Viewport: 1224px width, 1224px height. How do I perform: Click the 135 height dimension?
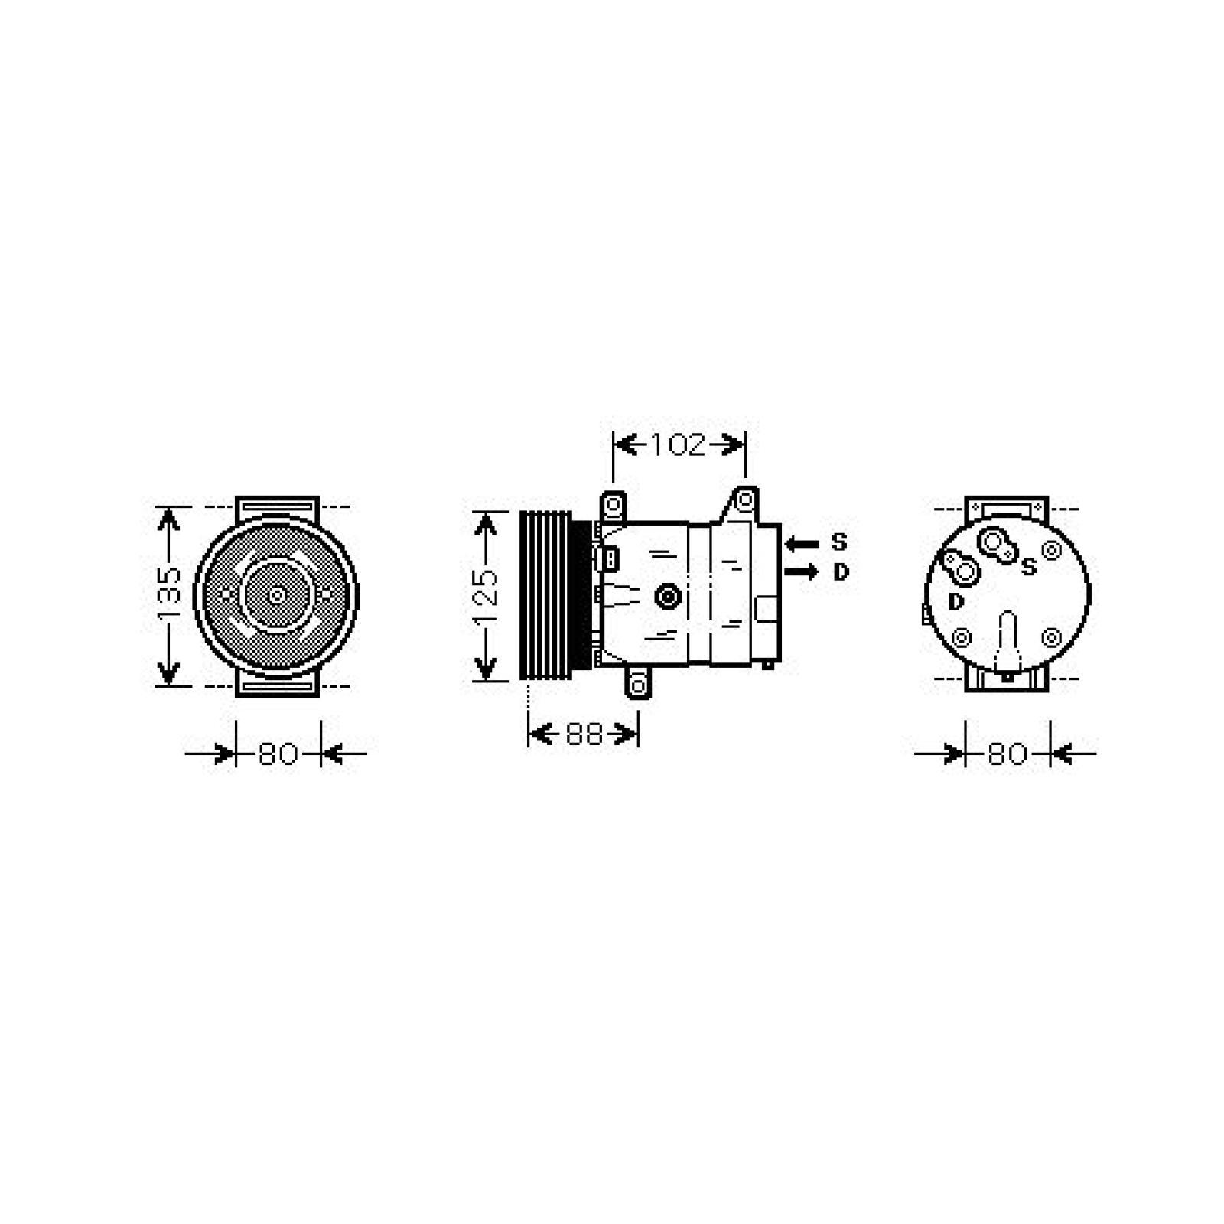[x=169, y=594]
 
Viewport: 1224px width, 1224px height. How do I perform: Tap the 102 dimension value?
[x=678, y=444]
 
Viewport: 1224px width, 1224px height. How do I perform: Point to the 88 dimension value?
[x=584, y=734]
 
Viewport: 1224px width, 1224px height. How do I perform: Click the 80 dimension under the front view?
[x=278, y=754]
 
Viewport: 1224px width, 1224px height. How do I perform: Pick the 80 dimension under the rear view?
[x=1007, y=754]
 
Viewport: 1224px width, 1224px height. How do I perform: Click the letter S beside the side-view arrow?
[x=839, y=542]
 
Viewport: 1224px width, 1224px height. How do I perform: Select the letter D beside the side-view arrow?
[x=841, y=572]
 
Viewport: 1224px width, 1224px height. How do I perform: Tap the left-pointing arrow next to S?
[x=802, y=544]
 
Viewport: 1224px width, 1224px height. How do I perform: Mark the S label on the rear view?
[x=1029, y=567]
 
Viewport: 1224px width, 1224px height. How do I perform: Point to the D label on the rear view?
[x=956, y=603]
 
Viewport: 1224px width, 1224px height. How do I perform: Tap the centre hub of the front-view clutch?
[x=276, y=594]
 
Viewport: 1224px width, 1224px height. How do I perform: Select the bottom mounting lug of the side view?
[x=638, y=682]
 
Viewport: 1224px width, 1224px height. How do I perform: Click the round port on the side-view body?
[x=669, y=597]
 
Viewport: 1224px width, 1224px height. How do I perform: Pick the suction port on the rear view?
[x=994, y=542]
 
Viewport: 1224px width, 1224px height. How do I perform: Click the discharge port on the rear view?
[x=966, y=570]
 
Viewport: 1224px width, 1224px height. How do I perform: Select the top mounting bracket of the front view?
[x=277, y=506]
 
